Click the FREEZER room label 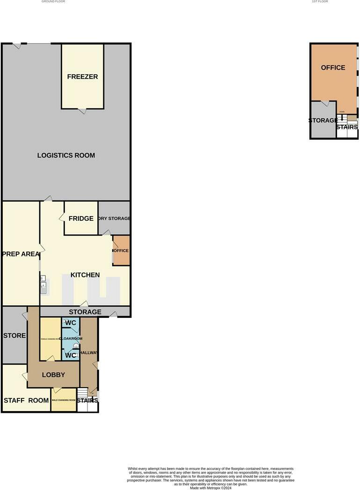(82, 77)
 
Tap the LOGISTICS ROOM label (66, 155)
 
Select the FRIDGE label (81, 218)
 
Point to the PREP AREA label (21, 254)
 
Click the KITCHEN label (85, 275)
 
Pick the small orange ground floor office (121, 251)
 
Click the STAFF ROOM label (26, 400)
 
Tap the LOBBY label (53, 375)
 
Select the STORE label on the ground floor (14, 335)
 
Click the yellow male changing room (63, 400)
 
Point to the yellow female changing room (50, 339)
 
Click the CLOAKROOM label (71, 339)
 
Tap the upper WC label (71, 323)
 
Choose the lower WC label (71, 355)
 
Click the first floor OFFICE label (333, 67)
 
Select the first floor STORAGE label (323, 120)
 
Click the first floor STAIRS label (347, 127)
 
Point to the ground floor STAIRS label (87, 400)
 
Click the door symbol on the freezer (82, 111)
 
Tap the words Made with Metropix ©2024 (210, 488)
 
